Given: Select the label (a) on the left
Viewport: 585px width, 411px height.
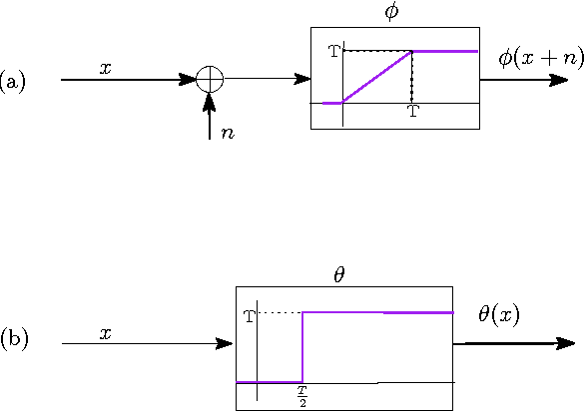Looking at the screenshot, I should (13, 81).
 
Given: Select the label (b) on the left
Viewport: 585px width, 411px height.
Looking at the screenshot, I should (14, 339).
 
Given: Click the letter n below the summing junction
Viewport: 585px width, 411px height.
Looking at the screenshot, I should (229, 132).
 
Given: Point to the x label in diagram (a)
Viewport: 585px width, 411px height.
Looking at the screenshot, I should (105, 68).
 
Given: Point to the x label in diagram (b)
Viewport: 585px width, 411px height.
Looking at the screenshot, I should (105, 333).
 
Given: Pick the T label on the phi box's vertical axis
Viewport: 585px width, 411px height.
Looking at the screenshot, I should (333, 50).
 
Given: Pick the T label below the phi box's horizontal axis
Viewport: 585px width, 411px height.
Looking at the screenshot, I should (413, 113).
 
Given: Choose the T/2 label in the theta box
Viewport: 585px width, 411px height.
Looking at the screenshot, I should (301, 397).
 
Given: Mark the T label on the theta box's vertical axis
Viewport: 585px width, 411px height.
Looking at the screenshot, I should (250, 316).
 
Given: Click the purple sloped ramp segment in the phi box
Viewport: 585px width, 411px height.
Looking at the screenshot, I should (377, 77).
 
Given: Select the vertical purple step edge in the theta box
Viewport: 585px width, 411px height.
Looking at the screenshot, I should (301, 347).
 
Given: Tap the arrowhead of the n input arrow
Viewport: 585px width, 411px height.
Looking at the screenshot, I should (209, 98).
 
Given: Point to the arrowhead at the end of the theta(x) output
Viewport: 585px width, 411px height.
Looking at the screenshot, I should (567, 344).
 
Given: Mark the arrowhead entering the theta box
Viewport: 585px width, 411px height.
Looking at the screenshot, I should (228, 344).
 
